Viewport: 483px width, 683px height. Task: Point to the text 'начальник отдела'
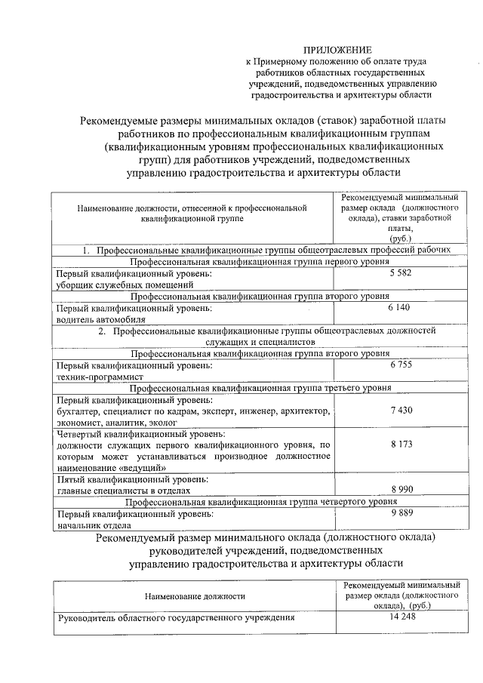pyautogui.click(x=94, y=525)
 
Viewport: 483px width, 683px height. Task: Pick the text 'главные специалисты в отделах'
pyautogui.click(x=123, y=491)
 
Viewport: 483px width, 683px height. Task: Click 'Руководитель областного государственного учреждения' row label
pyautogui.click(x=176, y=618)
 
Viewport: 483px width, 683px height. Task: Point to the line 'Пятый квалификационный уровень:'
pyautogui.click(x=133, y=479)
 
